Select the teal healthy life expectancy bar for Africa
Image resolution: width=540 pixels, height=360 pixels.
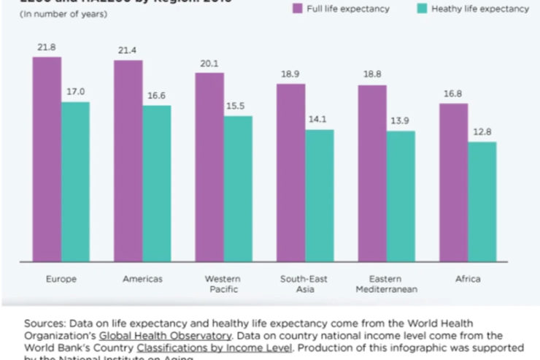click(x=482, y=202)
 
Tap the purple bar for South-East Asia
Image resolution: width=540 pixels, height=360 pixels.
click(x=290, y=172)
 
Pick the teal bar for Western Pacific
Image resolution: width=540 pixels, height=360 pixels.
click(x=238, y=188)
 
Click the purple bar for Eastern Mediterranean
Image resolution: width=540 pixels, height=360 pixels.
click(x=372, y=173)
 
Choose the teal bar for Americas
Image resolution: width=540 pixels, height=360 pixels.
click(x=157, y=183)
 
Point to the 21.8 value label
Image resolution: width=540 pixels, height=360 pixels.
click(x=47, y=47)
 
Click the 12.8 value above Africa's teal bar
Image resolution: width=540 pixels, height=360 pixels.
click(x=482, y=131)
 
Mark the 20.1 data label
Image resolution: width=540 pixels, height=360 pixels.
click(x=209, y=63)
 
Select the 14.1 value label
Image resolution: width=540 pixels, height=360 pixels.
click(x=320, y=120)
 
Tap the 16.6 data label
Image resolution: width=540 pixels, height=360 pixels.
click(x=157, y=96)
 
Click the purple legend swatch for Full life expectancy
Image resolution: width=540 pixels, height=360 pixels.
click(x=296, y=9)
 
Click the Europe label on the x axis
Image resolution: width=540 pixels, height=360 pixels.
click(x=61, y=279)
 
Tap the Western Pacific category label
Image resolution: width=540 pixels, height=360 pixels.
click(x=223, y=284)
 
